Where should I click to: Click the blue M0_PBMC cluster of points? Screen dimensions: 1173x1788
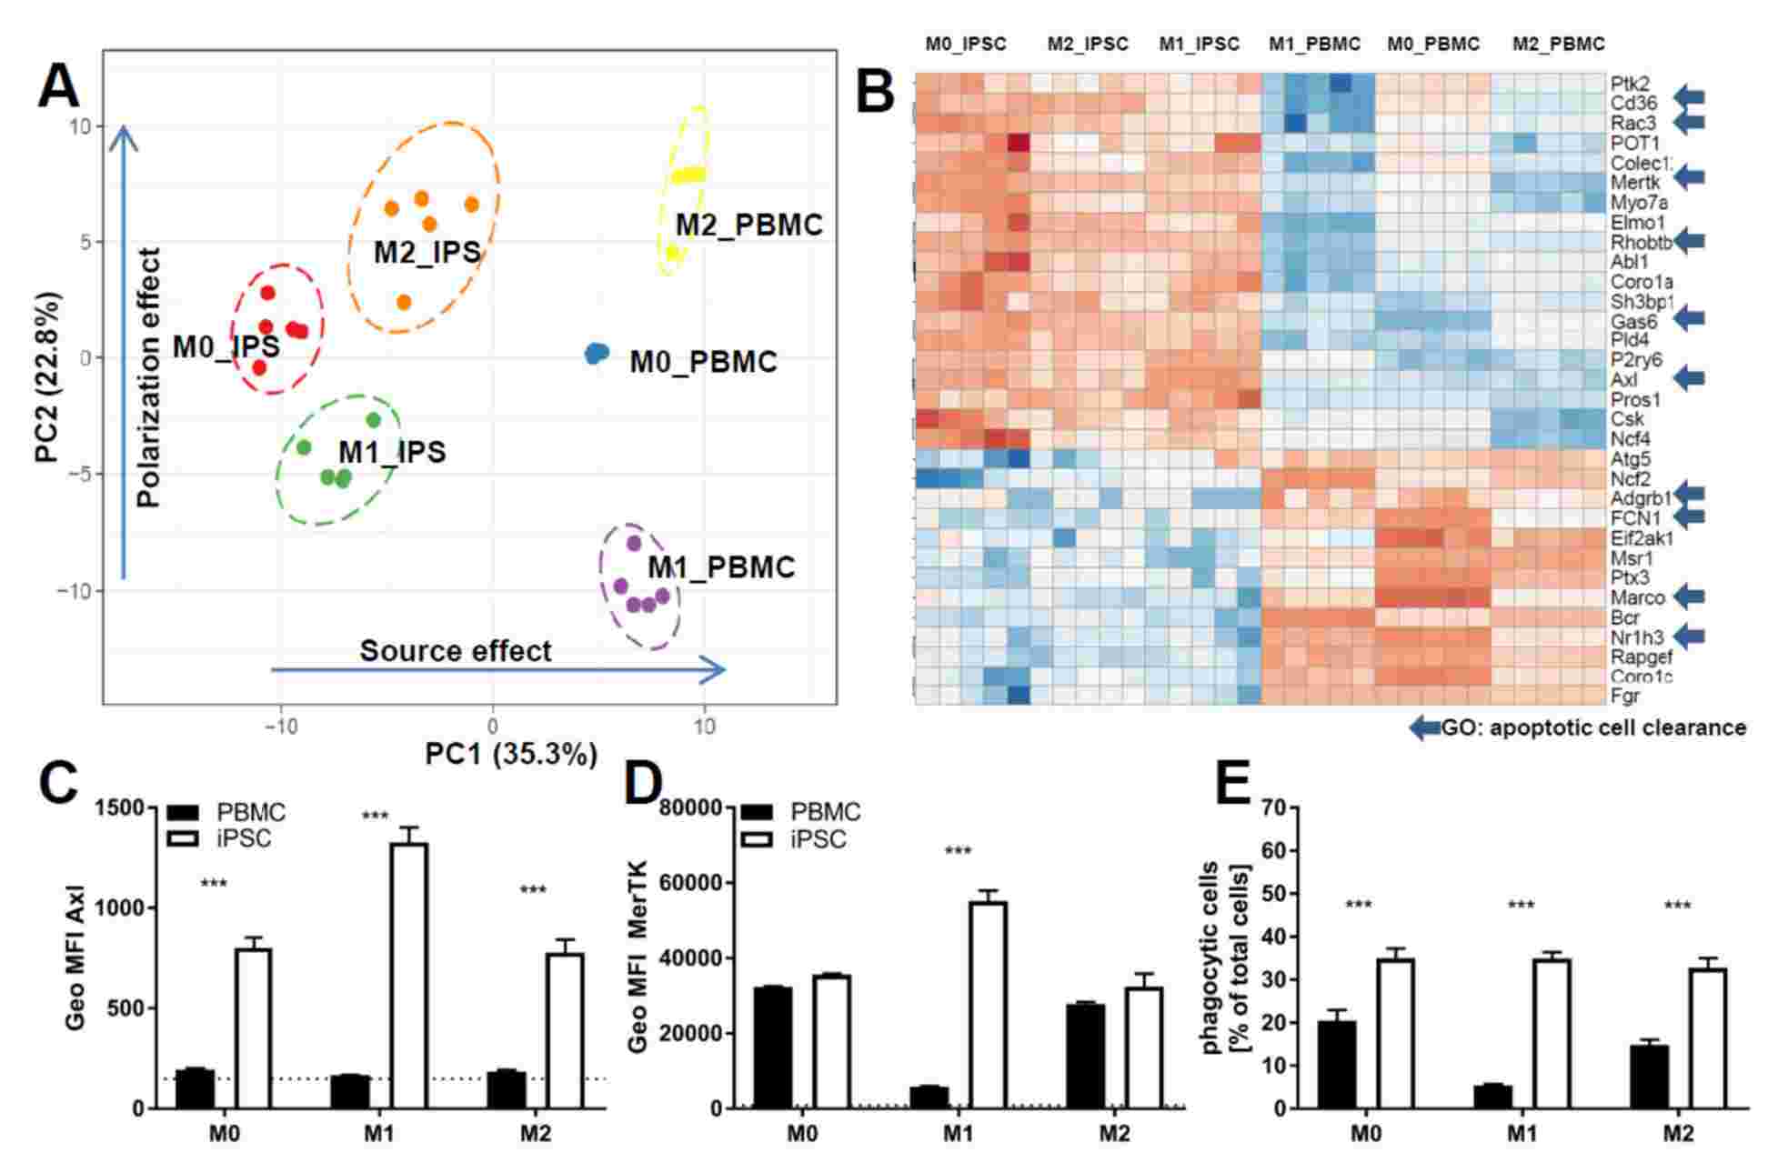coord(597,353)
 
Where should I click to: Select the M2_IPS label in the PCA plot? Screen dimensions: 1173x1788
coord(427,252)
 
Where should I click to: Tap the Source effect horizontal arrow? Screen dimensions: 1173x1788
coord(497,670)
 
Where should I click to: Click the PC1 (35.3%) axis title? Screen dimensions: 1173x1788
coord(511,754)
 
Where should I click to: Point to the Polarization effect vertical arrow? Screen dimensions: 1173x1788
coord(124,355)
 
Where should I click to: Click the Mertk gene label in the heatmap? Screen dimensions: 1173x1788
coord(1635,183)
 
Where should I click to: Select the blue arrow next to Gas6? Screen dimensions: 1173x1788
coord(1690,319)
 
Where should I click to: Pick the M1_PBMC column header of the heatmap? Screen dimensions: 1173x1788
coord(1314,44)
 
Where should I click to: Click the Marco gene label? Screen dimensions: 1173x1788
coord(1637,597)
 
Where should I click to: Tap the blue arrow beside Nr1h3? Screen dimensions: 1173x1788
coord(1690,637)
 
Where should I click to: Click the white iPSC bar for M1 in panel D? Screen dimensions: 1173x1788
coord(988,1004)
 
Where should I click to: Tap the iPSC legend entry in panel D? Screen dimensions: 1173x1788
coord(818,839)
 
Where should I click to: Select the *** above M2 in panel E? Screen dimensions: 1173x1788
coord(1676,907)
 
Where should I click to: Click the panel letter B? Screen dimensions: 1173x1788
coord(875,93)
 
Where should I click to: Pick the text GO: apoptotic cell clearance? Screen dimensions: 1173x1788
coord(1592,727)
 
